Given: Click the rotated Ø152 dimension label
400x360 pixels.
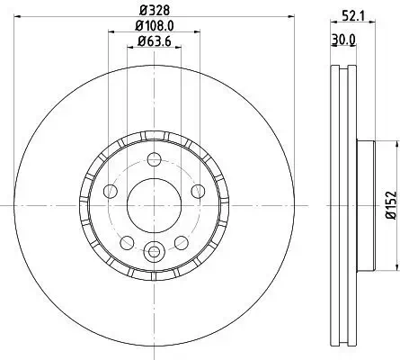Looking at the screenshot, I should point(391,206).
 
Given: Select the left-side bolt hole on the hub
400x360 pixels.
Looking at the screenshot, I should point(111,191).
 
